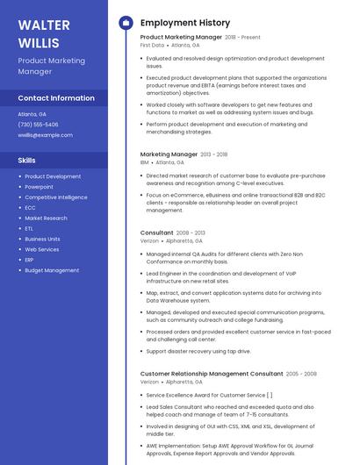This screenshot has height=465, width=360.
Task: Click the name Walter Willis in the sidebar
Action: pyautogui.click(x=40, y=33)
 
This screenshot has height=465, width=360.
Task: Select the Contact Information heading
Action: pyautogui.click(x=56, y=98)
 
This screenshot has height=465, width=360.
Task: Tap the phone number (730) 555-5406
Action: pyautogui.click(x=38, y=125)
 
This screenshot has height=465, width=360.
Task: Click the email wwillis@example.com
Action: pyautogui.click(x=45, y=135)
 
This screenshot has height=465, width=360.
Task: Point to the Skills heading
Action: pyautogui.click(x=27, y=161)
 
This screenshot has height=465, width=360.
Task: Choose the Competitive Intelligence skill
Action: pyautogui.click(x=56, y=197)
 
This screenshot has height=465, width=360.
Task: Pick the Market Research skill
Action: pyautogui.click(x=46, y=218)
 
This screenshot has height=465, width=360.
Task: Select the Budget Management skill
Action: pyautogui.click(x=52, y=270)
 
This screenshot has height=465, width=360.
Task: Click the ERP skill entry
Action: pyautogui.click(x=29, y=260)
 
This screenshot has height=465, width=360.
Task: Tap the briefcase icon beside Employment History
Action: pyautogui.click(x=126, y=23)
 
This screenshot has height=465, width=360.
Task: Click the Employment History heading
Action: pyautogui.click(x=185, y=23)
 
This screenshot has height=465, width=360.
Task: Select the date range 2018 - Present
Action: pyautogui.click(x=242, y=38)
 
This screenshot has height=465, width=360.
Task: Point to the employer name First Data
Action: pyautogui.click(x=152, y=45)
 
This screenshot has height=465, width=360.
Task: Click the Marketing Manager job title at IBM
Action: pyautogui.click(x=169, y=154)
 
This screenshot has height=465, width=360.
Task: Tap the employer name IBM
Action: pyautogui.click(x=144, y=162)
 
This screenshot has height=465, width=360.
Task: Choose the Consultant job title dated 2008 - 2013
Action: pyautogui.click(x=156, y=232)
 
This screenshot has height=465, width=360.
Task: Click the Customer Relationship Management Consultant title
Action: pyautogui.click(x=211, y=374)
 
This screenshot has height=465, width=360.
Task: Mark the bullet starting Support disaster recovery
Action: pyautogui.click(x=198, y=351)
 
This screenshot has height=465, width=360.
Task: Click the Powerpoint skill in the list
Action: pyautogui.click(x=39, y=187)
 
